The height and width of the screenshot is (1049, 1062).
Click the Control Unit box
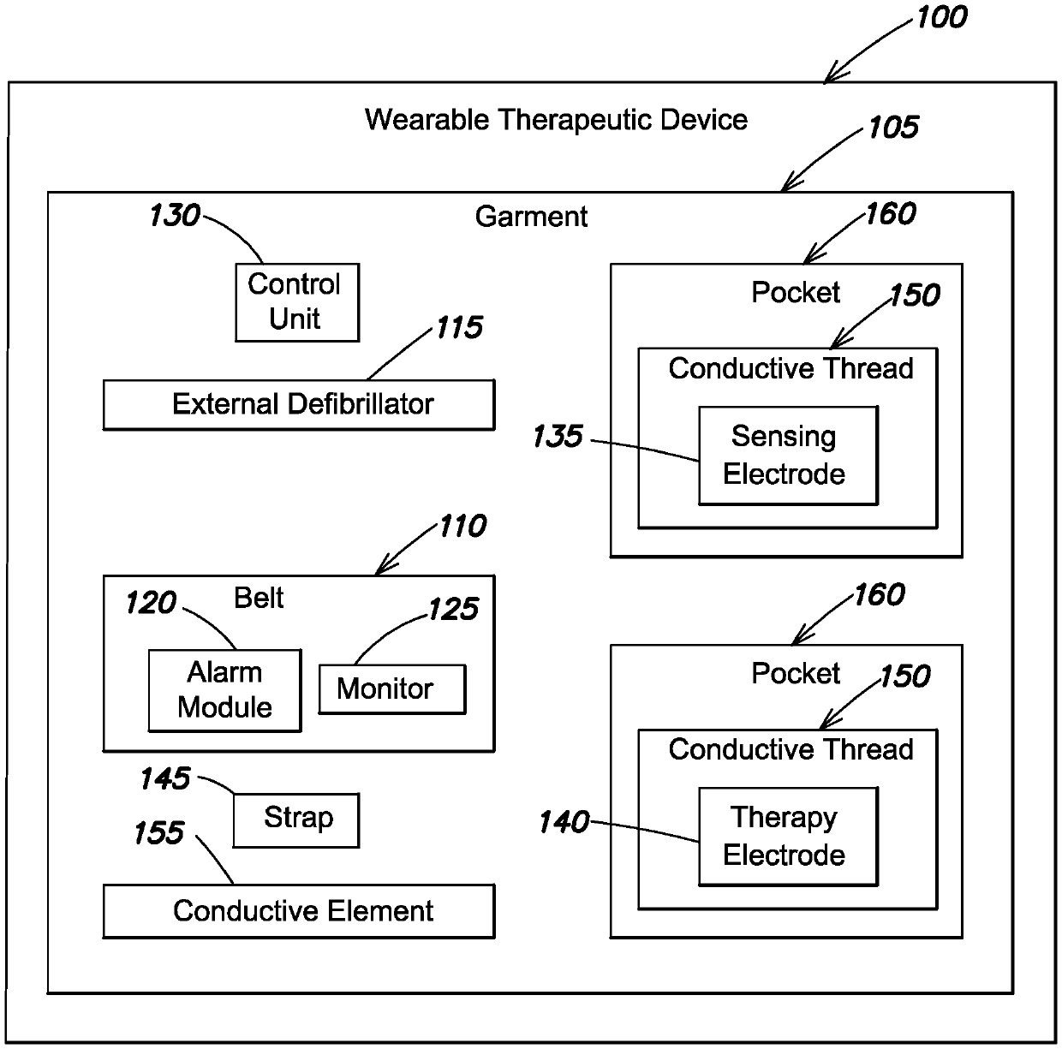296,302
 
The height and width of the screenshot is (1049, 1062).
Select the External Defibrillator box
298,404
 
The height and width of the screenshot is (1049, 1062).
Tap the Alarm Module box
224,690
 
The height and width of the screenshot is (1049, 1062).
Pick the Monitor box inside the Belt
391,688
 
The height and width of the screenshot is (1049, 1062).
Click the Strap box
295,820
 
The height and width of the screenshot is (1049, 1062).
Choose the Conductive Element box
298,911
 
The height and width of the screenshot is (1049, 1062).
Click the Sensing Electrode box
788,456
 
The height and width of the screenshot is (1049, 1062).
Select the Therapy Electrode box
788,837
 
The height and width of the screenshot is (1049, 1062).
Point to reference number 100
941,17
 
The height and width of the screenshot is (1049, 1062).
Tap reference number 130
174,215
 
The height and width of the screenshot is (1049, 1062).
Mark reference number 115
460,328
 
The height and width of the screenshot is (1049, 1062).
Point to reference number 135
558,437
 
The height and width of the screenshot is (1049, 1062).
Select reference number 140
564,823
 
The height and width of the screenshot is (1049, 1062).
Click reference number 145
164,778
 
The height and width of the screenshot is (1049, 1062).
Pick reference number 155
159,833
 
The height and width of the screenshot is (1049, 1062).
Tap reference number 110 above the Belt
462,526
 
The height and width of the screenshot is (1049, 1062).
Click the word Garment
531,217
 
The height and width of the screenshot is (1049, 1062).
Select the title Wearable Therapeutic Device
556,119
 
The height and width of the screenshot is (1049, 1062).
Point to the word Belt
259,598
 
